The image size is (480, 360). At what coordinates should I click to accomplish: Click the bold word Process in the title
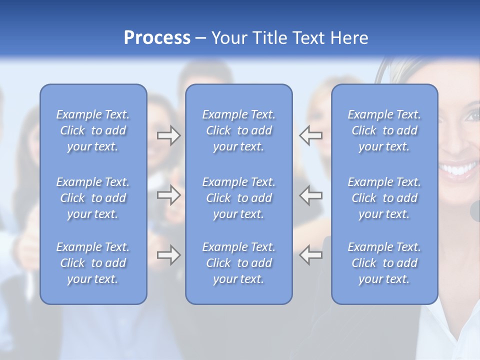tap(157, 38)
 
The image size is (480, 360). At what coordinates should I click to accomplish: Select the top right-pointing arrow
tap(168, 135)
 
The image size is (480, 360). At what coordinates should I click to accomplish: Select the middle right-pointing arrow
tap(168, 195)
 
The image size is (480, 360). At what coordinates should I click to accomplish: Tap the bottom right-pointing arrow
tap(168, 255)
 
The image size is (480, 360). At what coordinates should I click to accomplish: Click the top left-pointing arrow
tap(311, 135)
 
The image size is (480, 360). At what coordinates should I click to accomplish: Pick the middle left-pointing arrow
tap(311, 195)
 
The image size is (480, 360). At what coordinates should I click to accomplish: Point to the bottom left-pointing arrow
tap(311, 255)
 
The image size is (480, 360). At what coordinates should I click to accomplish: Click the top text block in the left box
tap(93, 130)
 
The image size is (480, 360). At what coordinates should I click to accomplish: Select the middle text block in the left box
tap(93, 198)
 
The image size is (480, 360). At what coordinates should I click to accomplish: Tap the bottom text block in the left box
tap(93, 263)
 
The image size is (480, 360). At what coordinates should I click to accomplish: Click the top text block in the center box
tap(238, 130)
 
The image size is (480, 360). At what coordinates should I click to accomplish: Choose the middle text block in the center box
tap(238, 198)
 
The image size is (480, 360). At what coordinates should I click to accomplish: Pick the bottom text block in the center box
tap(238, 263)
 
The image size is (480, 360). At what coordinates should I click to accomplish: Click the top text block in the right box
tap(384, 130)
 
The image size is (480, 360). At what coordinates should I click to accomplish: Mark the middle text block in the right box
tap(384, 198)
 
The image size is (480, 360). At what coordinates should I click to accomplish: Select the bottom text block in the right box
tap(384, 263)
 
